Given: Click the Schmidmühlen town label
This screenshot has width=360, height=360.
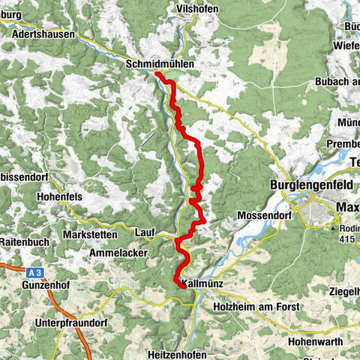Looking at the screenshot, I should [x=161, y=65].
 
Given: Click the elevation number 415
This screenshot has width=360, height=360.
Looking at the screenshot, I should [x=347, y=238].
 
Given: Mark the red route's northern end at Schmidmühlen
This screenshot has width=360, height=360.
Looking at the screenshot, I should [x=157, y=73].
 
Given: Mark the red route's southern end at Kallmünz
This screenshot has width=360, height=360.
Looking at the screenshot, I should [x=184, y=285].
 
